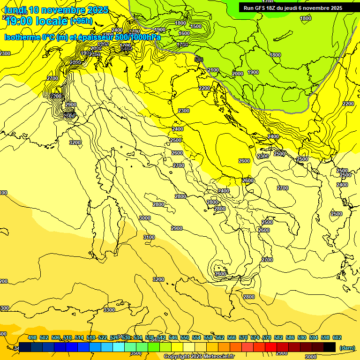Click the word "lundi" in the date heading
15,10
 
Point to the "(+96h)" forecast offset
82,21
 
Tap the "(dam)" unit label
347,348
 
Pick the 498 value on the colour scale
32,337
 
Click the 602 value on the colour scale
337,337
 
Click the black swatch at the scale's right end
330,347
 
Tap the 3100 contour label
149,238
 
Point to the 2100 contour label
213,70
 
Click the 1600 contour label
184,34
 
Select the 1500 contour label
196,27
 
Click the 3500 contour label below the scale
136,353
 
